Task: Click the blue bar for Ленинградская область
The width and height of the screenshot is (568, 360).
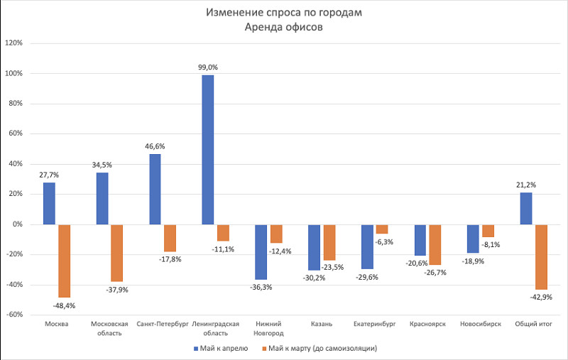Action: click(x=207, y=149)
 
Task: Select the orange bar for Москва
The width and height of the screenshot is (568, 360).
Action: click(x=65, y=261)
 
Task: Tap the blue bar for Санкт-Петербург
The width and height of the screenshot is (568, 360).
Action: click(x=155, y=189)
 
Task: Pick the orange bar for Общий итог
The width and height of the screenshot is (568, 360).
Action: click(x=542, y=256)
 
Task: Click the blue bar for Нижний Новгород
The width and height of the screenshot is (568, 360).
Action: click(x=261, y=252)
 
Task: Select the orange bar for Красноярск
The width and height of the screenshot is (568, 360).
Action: click(x=435, y=244)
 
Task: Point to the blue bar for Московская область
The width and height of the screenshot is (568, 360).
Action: click(x=102, y=198)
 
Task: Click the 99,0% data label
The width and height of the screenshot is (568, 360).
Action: click(x=207, y=67)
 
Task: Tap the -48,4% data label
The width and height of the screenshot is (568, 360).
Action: click(x=64, y=305)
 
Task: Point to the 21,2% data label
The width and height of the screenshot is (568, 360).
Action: click(x=525, y=185)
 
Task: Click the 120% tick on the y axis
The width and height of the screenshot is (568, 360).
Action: click(x=14, y=43)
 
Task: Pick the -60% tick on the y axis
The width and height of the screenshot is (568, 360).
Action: click(x=14, y=315)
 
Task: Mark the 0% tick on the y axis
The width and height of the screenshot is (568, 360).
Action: click(x=17, y=224)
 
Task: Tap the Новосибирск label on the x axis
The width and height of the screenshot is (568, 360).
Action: click(x=480, y=324)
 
